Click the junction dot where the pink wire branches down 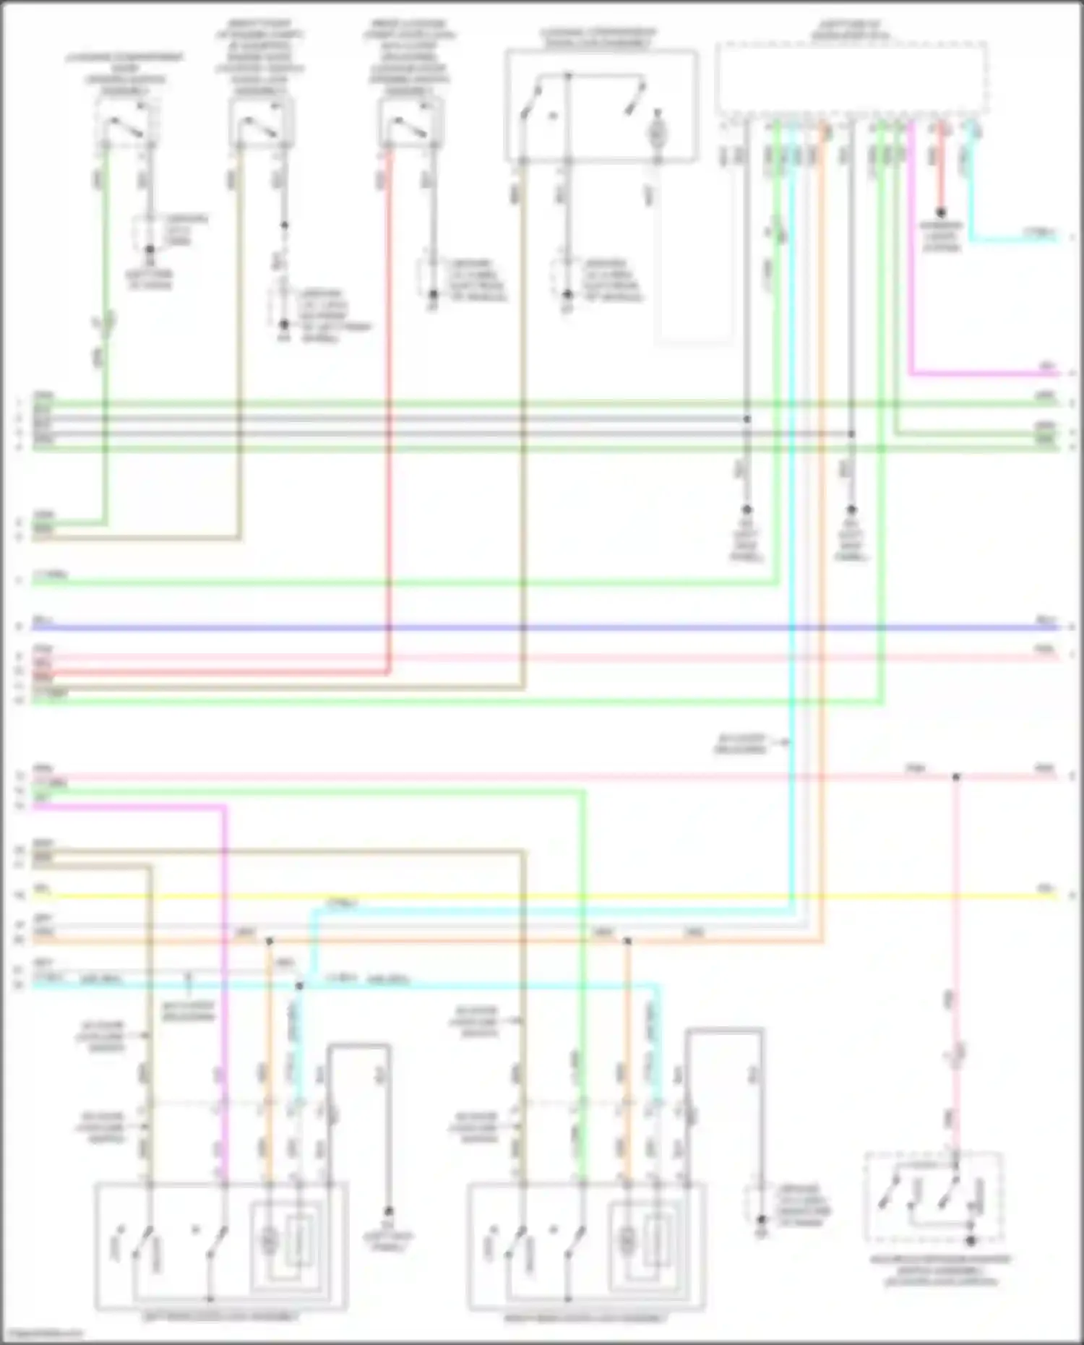(x=956, y=777)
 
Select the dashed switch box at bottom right (x=933, y=1197)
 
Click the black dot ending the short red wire (x=941, y=213)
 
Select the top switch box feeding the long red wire (x=410, y=123)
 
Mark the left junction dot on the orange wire (x=270, y=941)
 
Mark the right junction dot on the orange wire (x=627, y=941)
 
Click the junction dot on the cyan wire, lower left (x=300, y=986)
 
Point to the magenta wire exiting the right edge (x=1012, y=374)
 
